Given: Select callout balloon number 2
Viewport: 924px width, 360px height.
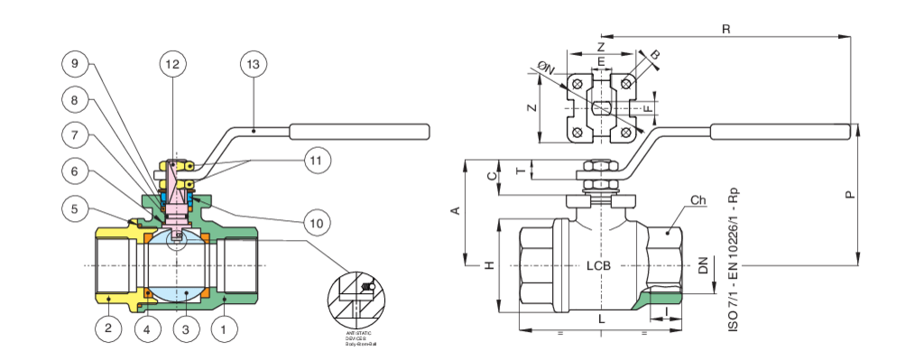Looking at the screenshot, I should tap(108, 330).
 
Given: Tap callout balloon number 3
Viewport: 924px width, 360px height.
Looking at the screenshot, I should tap(185, 330).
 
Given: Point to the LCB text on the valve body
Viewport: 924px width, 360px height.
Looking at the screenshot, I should tap(599, 267).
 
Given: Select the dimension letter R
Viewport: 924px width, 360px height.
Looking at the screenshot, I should tap(725, 30).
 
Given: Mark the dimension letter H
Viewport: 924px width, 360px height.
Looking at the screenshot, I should tap(488, 266).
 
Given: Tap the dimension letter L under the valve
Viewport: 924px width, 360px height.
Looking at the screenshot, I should tap(598, 318).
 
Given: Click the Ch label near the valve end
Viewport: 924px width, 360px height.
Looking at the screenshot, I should tap(698, 199).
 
